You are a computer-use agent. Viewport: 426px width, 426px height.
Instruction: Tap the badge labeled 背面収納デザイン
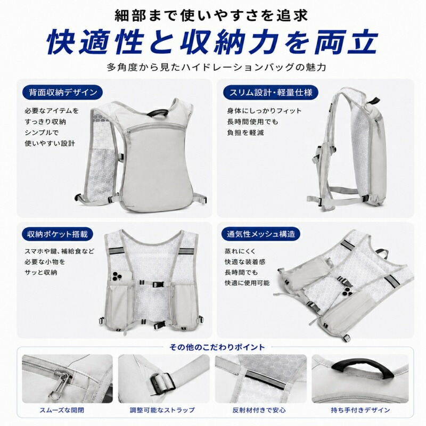(62, 92)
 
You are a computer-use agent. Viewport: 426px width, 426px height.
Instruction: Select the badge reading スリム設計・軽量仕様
(271, 92)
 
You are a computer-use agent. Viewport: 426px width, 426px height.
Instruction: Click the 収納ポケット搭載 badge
(58, 234)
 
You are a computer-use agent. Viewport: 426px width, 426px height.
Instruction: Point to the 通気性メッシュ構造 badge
(261, 234)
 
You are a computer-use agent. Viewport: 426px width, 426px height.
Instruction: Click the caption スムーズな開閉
(62, 410)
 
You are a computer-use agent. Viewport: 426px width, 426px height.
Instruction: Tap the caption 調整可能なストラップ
(162, 410)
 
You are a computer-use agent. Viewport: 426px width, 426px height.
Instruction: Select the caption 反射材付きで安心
(259, 410)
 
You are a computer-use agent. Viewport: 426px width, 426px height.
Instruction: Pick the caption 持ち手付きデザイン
(361, 410)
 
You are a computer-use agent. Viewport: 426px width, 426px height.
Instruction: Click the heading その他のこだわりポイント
(217, 347)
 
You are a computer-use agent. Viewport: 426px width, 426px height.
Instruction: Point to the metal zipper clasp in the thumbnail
(59, 383)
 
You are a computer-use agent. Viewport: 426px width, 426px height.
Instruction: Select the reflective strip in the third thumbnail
(265, 379)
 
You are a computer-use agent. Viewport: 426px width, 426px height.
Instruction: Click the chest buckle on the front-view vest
(158, 284)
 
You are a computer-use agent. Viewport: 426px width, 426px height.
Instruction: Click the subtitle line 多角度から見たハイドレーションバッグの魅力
(216, 67)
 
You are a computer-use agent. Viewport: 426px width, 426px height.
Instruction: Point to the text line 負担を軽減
(245, 133)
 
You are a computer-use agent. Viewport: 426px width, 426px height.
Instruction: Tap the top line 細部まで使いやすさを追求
(211, 15)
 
